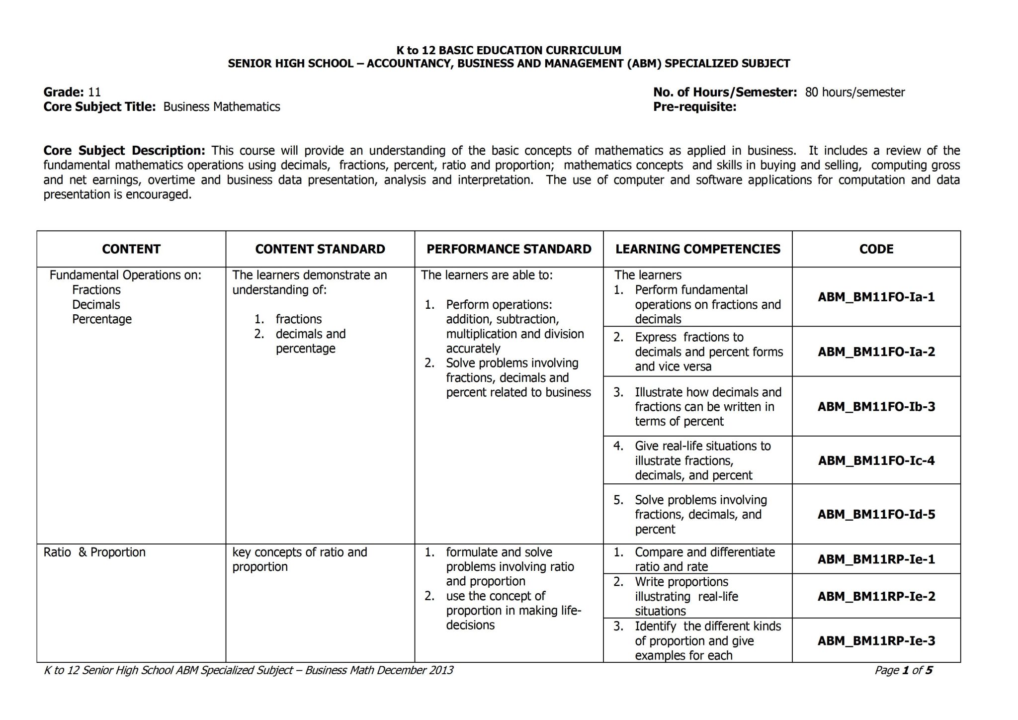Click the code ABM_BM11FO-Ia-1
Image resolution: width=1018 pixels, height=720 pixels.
point(876,297)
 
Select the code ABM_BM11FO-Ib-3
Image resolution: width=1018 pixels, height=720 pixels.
point(876,406)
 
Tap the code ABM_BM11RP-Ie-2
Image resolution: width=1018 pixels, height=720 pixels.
point(876,596)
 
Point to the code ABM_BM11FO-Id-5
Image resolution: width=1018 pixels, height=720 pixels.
point(876,514)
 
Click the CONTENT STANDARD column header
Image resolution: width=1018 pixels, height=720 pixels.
point(320,249)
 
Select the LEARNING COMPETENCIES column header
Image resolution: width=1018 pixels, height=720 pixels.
point(697,249)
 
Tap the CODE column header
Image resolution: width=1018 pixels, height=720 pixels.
point(876,249)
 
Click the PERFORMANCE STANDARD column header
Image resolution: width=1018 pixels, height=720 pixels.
point(509,249)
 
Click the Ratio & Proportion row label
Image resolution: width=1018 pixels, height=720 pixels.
point(94,552)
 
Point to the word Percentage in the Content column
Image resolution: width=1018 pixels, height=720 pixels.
point(102,319)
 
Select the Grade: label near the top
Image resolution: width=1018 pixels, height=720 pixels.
point(64,92)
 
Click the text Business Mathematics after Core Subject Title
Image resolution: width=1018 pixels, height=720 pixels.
point(222,107)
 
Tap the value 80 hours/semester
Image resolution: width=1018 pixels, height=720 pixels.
point(854,92)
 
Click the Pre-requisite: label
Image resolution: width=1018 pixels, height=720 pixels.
point(694,107)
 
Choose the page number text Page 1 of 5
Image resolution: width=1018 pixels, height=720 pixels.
point(903,670)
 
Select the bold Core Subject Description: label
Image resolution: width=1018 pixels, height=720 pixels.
point(124,151)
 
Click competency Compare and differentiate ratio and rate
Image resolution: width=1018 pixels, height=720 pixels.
point(704,559)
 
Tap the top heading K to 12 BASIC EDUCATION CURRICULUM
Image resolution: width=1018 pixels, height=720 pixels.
point(509,50)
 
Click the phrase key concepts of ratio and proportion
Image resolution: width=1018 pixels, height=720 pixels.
point(299,559)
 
